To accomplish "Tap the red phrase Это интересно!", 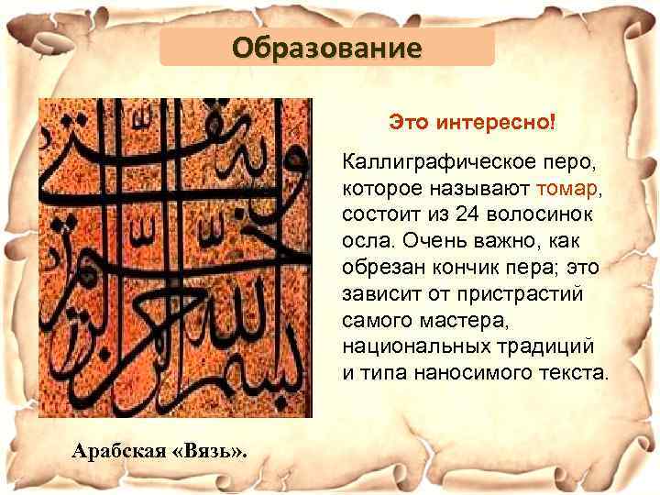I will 472,121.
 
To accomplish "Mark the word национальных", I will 410,348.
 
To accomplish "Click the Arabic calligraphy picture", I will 175,257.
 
